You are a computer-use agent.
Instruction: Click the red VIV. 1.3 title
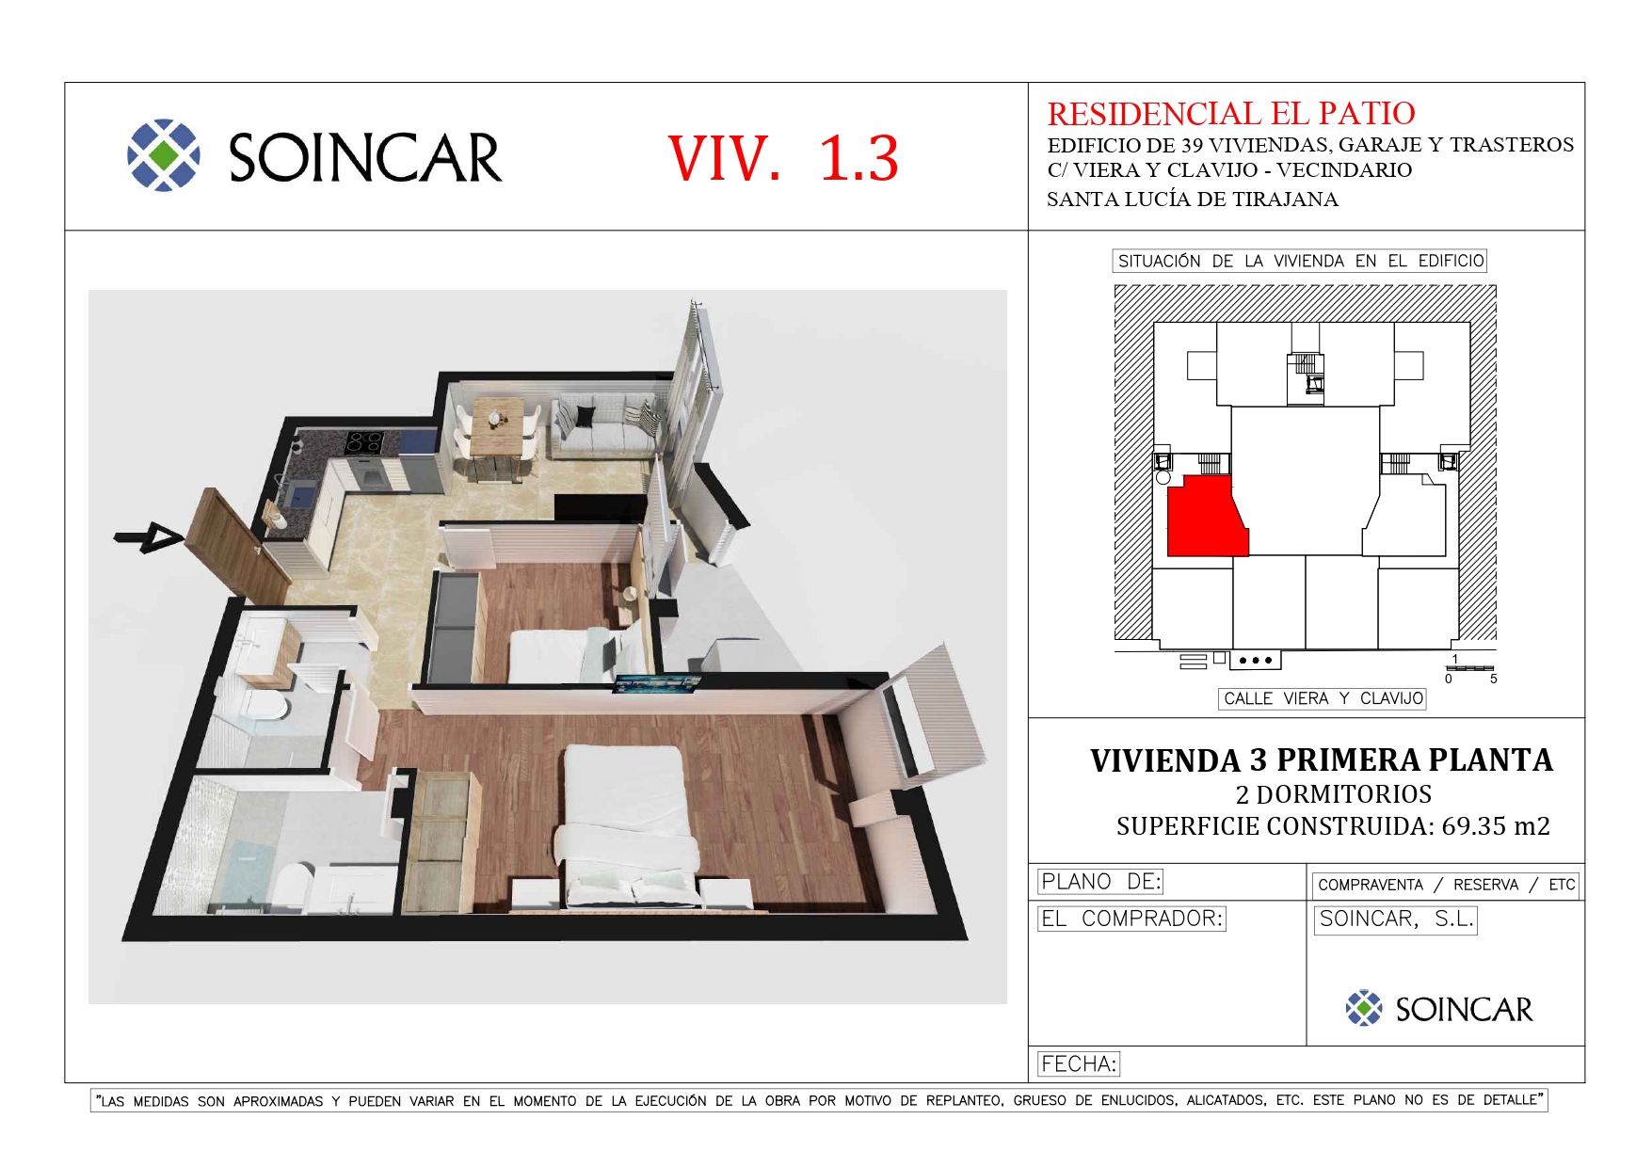783,158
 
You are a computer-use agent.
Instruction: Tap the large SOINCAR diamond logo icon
164,155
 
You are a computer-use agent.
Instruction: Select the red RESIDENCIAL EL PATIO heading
1231,114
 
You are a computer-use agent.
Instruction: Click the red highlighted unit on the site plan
1207,517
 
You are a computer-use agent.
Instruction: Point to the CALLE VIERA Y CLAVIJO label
1323,698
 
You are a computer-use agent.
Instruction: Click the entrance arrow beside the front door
149,536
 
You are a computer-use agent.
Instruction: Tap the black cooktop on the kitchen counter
363,442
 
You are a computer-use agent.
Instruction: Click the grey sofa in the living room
606,427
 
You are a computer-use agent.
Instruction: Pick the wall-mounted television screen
657,682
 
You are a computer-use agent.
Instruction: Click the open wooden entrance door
237,546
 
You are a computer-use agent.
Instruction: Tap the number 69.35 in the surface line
1474,826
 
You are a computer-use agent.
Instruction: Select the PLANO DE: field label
1100,882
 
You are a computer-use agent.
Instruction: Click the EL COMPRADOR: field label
1131,919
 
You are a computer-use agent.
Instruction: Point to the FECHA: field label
1079,1064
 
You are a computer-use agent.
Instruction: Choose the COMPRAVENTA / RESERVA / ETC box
1446,885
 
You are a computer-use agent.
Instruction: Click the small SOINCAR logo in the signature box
1439,1009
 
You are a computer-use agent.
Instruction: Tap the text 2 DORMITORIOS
1334,794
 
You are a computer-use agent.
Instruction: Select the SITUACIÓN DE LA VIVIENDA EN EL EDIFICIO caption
1300,261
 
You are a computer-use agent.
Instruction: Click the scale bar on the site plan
1469,668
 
